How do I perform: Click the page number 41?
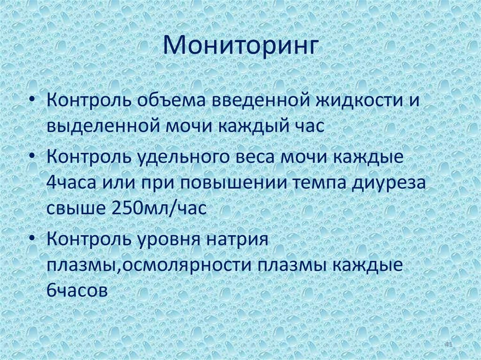[x=448, y=345]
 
